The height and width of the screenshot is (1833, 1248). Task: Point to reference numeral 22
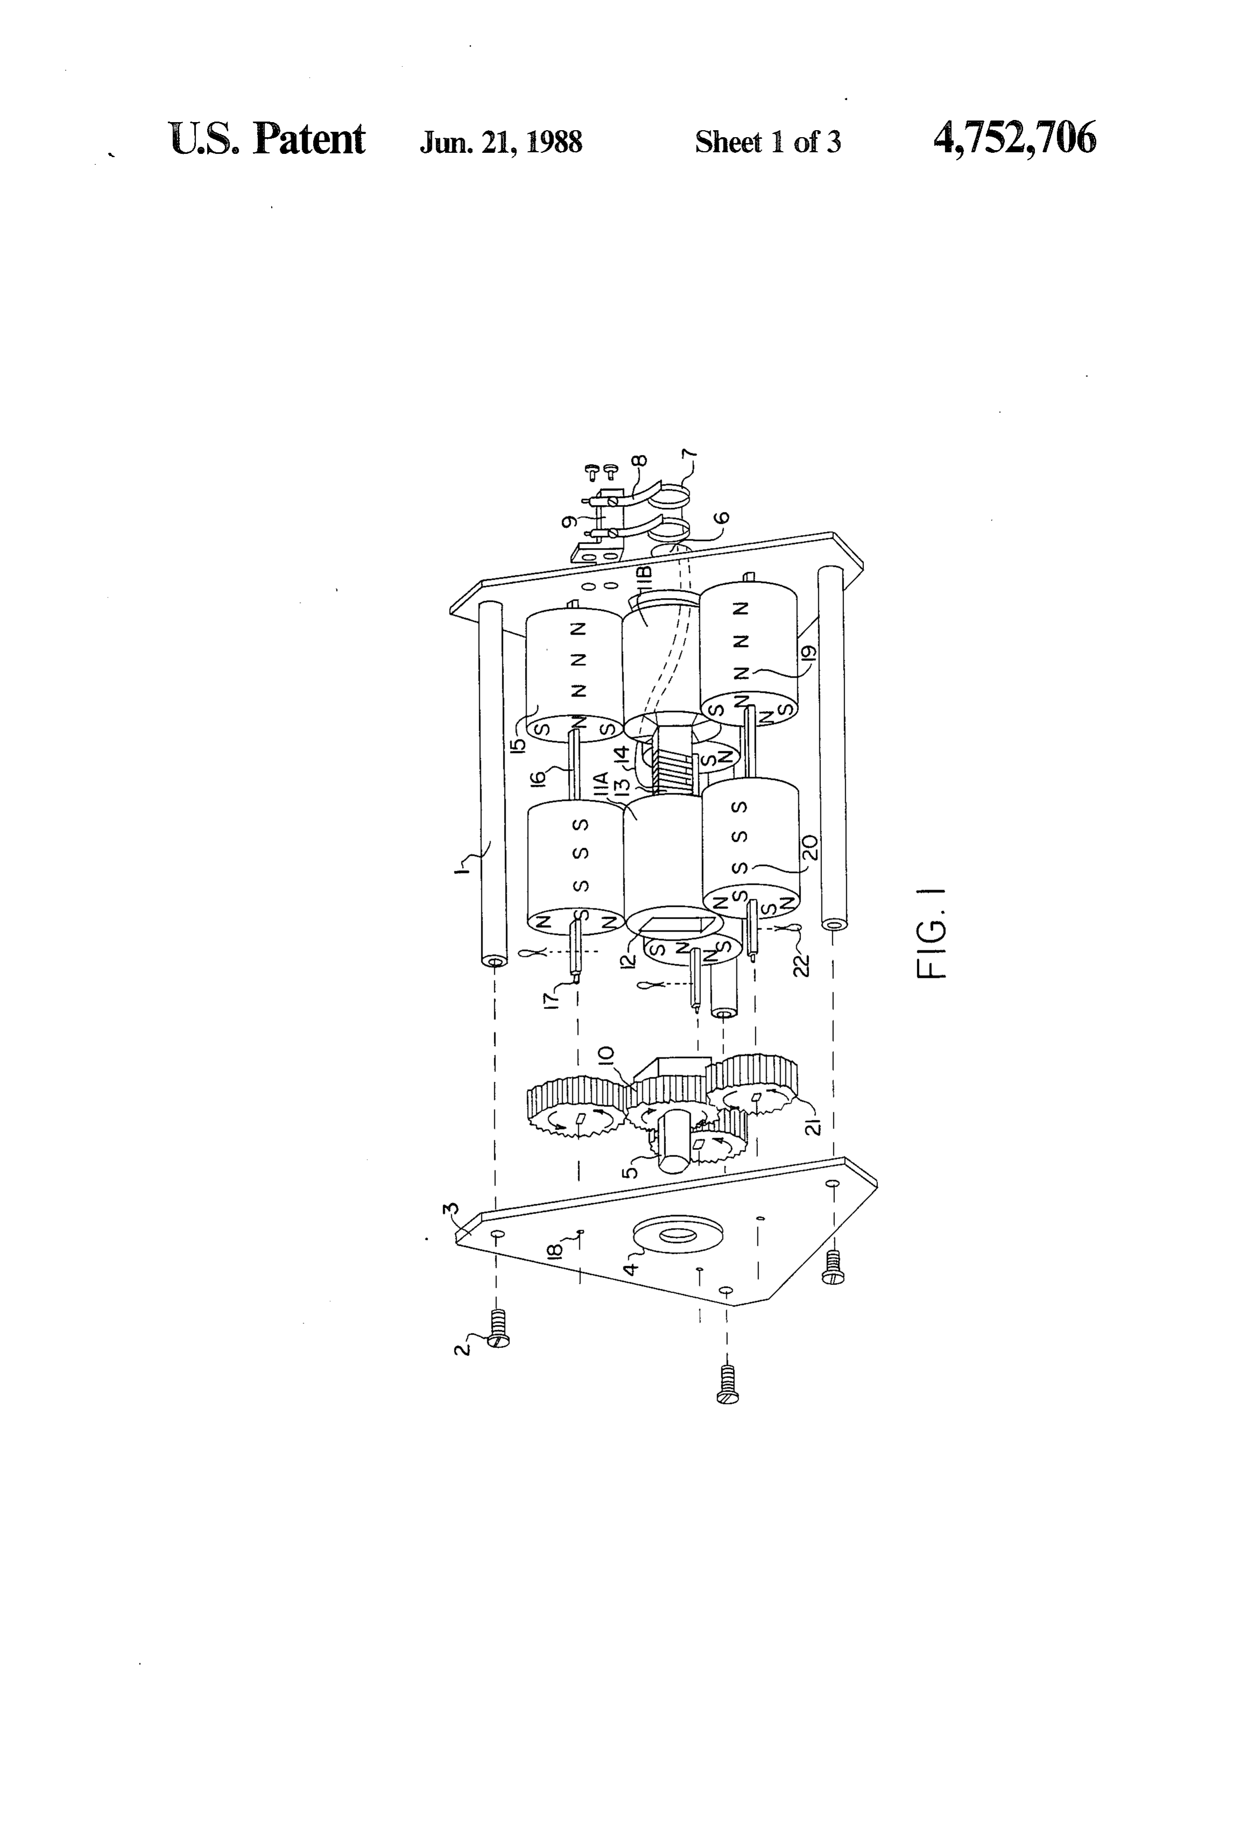tap(802, 964)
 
